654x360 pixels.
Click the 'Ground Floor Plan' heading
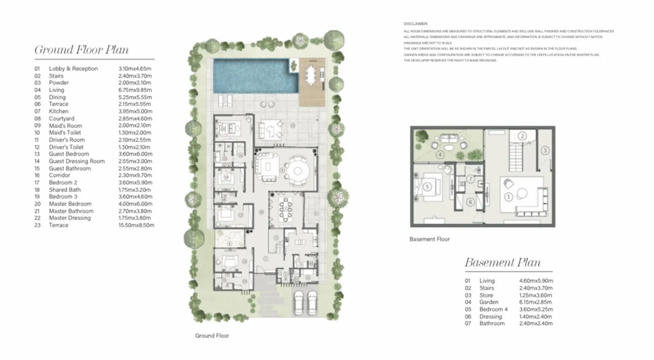(x=81, y=50)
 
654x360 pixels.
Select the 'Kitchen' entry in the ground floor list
(x=58, y=111)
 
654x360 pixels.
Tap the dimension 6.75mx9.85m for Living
(x=135, y=90)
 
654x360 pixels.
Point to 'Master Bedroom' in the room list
(x=70, y=204)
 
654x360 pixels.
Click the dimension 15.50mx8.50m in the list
(x=136, y=225)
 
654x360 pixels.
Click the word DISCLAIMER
(x=415, y=23)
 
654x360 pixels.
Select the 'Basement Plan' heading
(x=502, y=263)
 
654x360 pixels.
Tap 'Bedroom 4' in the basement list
(x=493, y=309)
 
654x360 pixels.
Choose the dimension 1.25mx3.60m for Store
(x=536, y=295)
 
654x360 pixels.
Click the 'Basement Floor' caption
(x=429, y=239)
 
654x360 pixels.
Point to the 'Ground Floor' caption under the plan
(x=212, y=336)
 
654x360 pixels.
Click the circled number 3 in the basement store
(x=545, y=150)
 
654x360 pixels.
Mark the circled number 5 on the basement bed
(x=427, y=187)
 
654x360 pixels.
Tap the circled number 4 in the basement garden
(x=440, y=155)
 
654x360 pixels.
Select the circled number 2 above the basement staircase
(x=522, y=136)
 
